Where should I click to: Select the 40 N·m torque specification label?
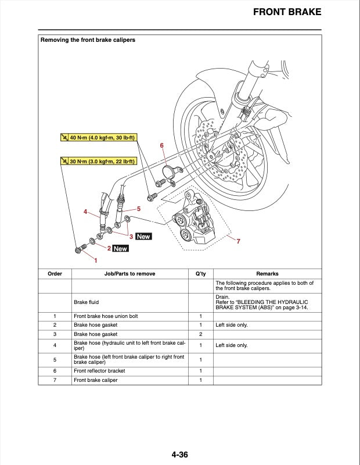click(x=98, y=138)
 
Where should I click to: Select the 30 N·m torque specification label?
click(x=98, y=161)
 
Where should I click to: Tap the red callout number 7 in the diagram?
click(x=238, y=241)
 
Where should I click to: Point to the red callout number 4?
click(x=85, y=212)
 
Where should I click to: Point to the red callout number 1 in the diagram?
click(x=96, y=260)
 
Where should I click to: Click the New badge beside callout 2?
click(x=120, y=249)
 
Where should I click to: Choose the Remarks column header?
click(x=267, y=274)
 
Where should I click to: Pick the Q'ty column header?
click(x=200, y=274)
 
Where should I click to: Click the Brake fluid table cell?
click(x=87, y=302)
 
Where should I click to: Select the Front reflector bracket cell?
click(x=99, y=371)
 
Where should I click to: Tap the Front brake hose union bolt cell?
click(x=106, y=316)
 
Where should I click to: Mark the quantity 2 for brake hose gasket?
click(x=200, y=334)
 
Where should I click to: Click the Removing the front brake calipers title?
click(x=88, y=40)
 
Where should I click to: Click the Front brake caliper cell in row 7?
click(x=95, y=380)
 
